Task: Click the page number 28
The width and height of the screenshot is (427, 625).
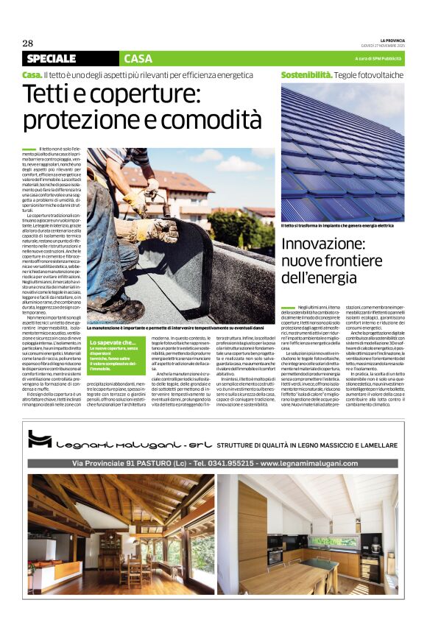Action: click(x=28, y=43)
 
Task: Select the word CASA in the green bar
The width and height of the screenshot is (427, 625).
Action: click(x=138, y=58)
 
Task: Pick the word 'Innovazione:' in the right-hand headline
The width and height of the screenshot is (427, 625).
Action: click(x=323, y=244)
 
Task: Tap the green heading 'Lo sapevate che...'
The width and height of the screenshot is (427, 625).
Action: click(x=112, y=342)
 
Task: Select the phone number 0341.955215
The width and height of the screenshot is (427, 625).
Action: click(x=220, y=463)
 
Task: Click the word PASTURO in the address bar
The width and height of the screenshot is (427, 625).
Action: click(x=140, y=463)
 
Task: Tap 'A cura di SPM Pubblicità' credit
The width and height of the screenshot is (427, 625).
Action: click(x=378, y=58)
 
